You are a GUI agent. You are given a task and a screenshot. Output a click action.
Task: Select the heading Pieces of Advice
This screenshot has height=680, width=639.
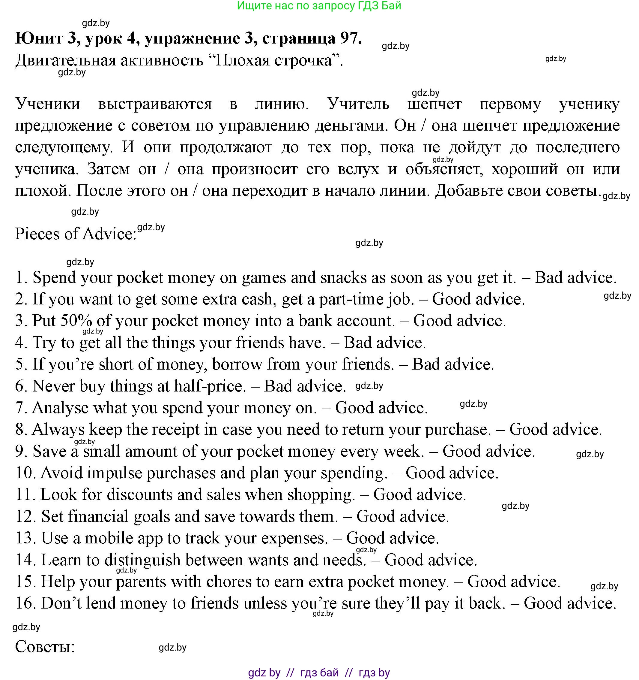click(x=76, y=234)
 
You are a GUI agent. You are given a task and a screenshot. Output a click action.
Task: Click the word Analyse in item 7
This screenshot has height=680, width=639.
click(x=60, y=408)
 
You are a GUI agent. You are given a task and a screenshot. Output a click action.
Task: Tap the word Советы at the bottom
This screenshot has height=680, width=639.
click(x=44, y=647)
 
